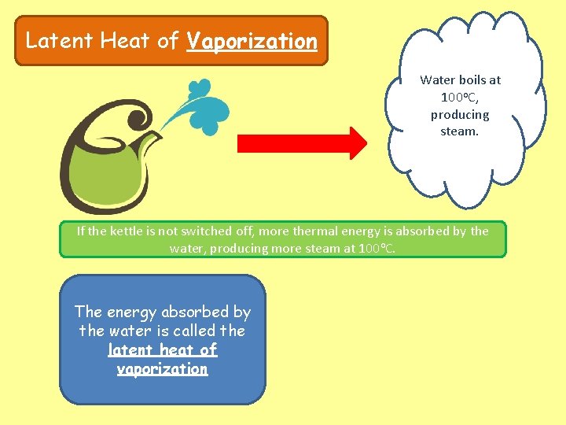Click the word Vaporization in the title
pos(252,41)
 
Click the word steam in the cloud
pos(459,131)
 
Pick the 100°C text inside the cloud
pos(460,97)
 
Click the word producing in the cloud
pos(460,114)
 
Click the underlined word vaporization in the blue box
pos(163,368)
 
